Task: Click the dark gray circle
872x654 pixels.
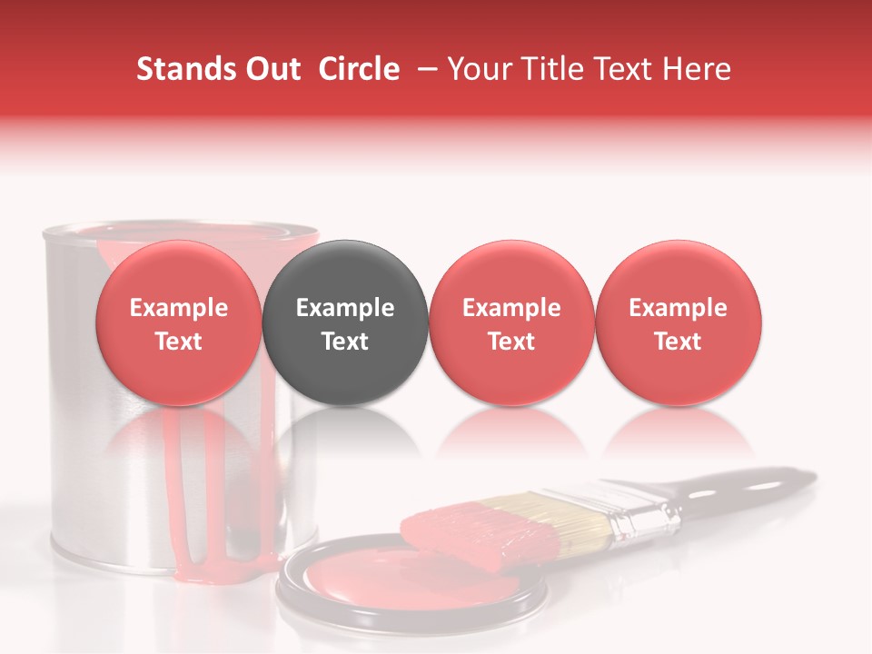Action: point(345,272)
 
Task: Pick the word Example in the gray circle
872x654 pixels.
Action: point(345,308)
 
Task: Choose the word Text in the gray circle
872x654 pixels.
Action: point(345,342)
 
